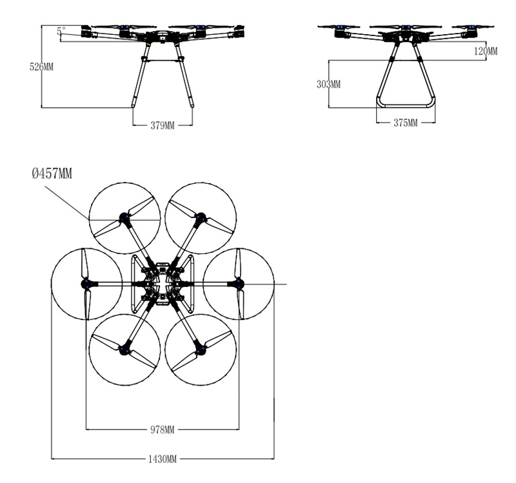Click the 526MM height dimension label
click(41, 67)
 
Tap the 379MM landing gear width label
click(163, 125)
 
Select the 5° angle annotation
click(61, 31)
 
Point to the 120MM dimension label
click(486, 51)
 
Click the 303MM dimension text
click(328, 84)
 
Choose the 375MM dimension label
click(406, 123)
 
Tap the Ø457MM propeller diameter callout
click(52, 173)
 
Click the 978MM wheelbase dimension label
click(163, 429)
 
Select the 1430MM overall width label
click(163, 459)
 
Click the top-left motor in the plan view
click(124, 217)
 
